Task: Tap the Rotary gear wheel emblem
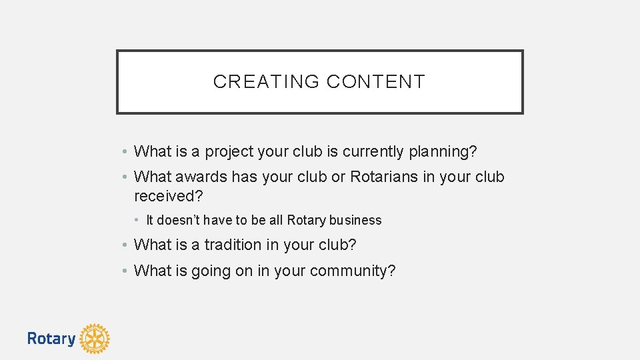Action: tap(94, 339)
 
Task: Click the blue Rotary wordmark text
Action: tap(51, 339)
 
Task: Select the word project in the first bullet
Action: tap(229, 152)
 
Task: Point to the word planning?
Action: tap(443, 152)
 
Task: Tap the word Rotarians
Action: tap(384, 177)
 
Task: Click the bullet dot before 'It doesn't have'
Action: tap(135, 220)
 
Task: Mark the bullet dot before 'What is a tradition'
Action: tap(125, 245)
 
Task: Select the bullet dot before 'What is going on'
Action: tap(125, 271)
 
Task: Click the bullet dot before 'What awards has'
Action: tap(125, 177)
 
